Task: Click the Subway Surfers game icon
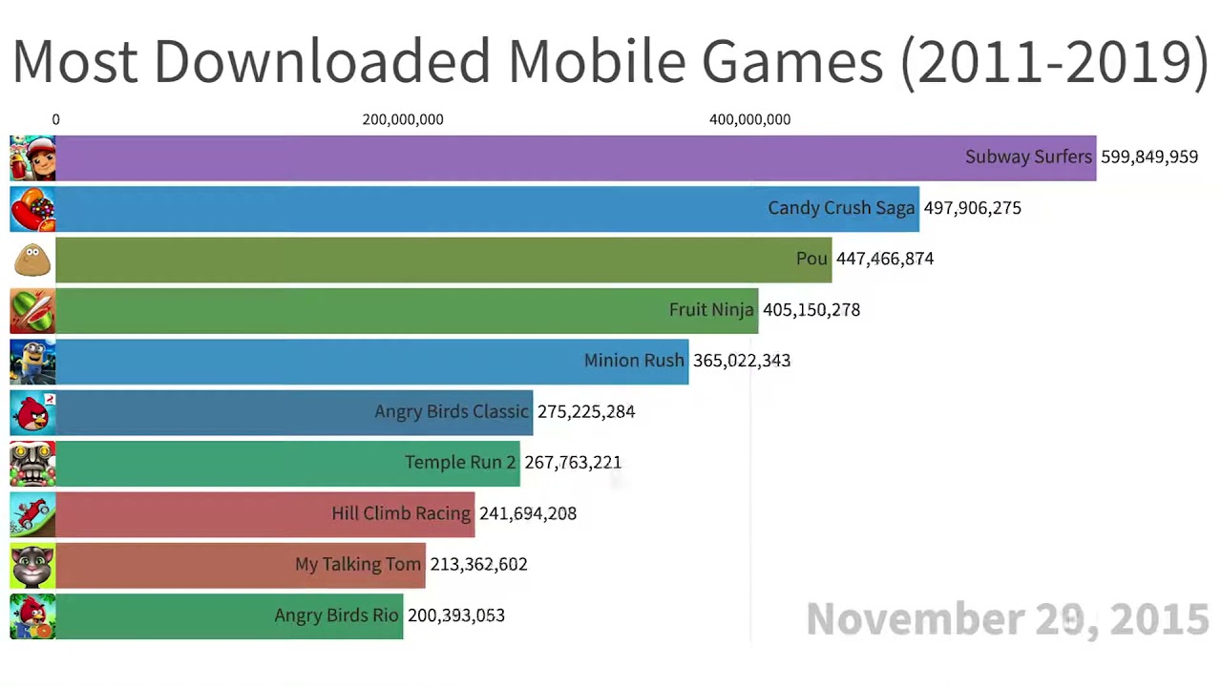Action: pyautogui.click(x=32, y=157)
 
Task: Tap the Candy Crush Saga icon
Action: pyautogui.click(x=32, y=209)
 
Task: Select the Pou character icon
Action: pyautogui.click(x=32, y=260)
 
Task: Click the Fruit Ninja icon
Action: pyautogui.click(x=32, y=310)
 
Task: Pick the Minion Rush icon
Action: pyautogui.click(x=32, y=362)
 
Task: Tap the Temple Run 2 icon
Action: pyautogui.click(x=32, y=463)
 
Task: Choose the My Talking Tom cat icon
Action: pyautogui.click(x=32, y=565)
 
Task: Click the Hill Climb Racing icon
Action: pyautogui.click(x=32, y=514)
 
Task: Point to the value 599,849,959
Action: pyautogui.click(x=1148, y=157)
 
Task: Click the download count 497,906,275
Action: pyautogui.click(x=972, y=208)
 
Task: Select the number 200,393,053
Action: pyautogui.click(x=455, y=615)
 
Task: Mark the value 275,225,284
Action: pyautogui.click(x=585, y=412)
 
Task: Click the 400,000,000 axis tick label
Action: pyautogui.click(x=749, y=119)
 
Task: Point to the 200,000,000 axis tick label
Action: pyautogui.click(x=403, y=119)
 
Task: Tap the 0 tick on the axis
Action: pyautogui.click(x=55, y=119)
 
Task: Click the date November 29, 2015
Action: pyautogui.click(x=1007, y=619)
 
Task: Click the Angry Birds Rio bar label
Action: pyautogui.click(x=336, y=615)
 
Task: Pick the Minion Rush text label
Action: pyautogui.click(x=634, y=361)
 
